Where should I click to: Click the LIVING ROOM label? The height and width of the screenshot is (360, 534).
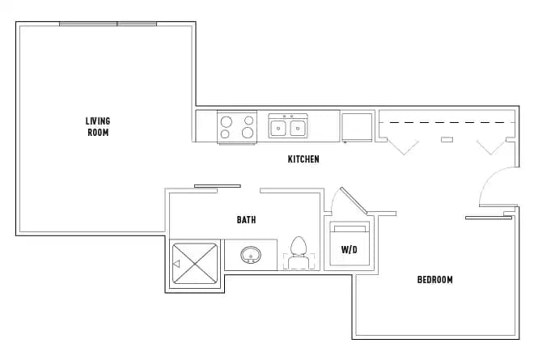pyautogui.click(x=98, y=127)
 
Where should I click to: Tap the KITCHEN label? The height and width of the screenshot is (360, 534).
pyautogui.click(x=303, y=159)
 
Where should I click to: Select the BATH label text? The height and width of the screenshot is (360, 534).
pyautogui.click(x=247, y=220)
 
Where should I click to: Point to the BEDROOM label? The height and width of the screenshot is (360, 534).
pyautogui.click(x=434, y=280)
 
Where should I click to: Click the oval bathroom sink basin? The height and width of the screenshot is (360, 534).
pyautogui.click(x=251, y=256)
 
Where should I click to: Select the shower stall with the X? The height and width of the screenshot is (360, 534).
pyautogui.click(x=195, y=263)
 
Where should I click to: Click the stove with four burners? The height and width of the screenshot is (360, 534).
pyautogui.click(x=236, y=127)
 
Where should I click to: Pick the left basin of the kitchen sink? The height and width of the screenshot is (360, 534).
pyautogui.click(x=278, y=127)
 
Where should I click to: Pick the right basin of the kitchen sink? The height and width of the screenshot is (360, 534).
pyautogui.click(x=298, y=127)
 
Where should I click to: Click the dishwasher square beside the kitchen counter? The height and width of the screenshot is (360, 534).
pyautogui.click(x=356, y=127)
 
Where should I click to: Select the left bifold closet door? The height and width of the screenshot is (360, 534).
pyautogui.click(x=402, y=146)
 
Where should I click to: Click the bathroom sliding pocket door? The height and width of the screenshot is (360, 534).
pyautogui.click(x=217, y=187)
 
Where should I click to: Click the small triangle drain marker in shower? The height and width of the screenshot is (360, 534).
pyautogui.click(x=176, y=263)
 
